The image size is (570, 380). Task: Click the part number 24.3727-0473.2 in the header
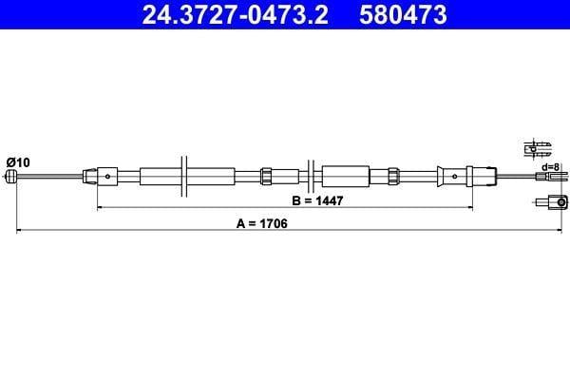[236, 14]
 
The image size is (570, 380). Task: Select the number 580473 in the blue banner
[403, 14]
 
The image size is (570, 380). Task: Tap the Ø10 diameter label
[18, 162]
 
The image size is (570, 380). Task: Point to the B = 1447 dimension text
[317, 200]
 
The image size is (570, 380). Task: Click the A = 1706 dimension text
[262, 223]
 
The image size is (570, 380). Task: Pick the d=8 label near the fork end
[550, 167]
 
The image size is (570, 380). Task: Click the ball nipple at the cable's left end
[11, 177]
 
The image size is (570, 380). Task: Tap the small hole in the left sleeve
[107, 177]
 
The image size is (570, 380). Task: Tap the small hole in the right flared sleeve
[455, 177]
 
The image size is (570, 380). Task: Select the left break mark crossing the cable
[184, 177]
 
